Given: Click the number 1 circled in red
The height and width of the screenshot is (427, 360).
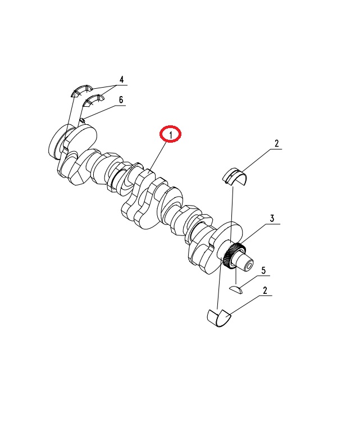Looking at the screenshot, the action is click(171, 135).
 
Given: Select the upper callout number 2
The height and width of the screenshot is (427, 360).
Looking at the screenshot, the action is click(277, 143).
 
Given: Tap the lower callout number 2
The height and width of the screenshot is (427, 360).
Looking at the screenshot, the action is click(265, 290).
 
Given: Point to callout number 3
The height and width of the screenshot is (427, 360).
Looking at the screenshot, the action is click(272, 219).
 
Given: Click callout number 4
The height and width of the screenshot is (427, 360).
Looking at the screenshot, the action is click(121, 80).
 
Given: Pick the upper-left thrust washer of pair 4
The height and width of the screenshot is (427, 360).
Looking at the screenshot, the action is click(81, 91).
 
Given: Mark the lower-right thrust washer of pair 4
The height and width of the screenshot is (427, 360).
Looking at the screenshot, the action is click(94, 100).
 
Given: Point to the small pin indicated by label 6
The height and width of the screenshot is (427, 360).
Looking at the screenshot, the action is click(83, 120).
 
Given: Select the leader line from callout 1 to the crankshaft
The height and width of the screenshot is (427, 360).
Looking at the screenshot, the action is click(157, 157).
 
